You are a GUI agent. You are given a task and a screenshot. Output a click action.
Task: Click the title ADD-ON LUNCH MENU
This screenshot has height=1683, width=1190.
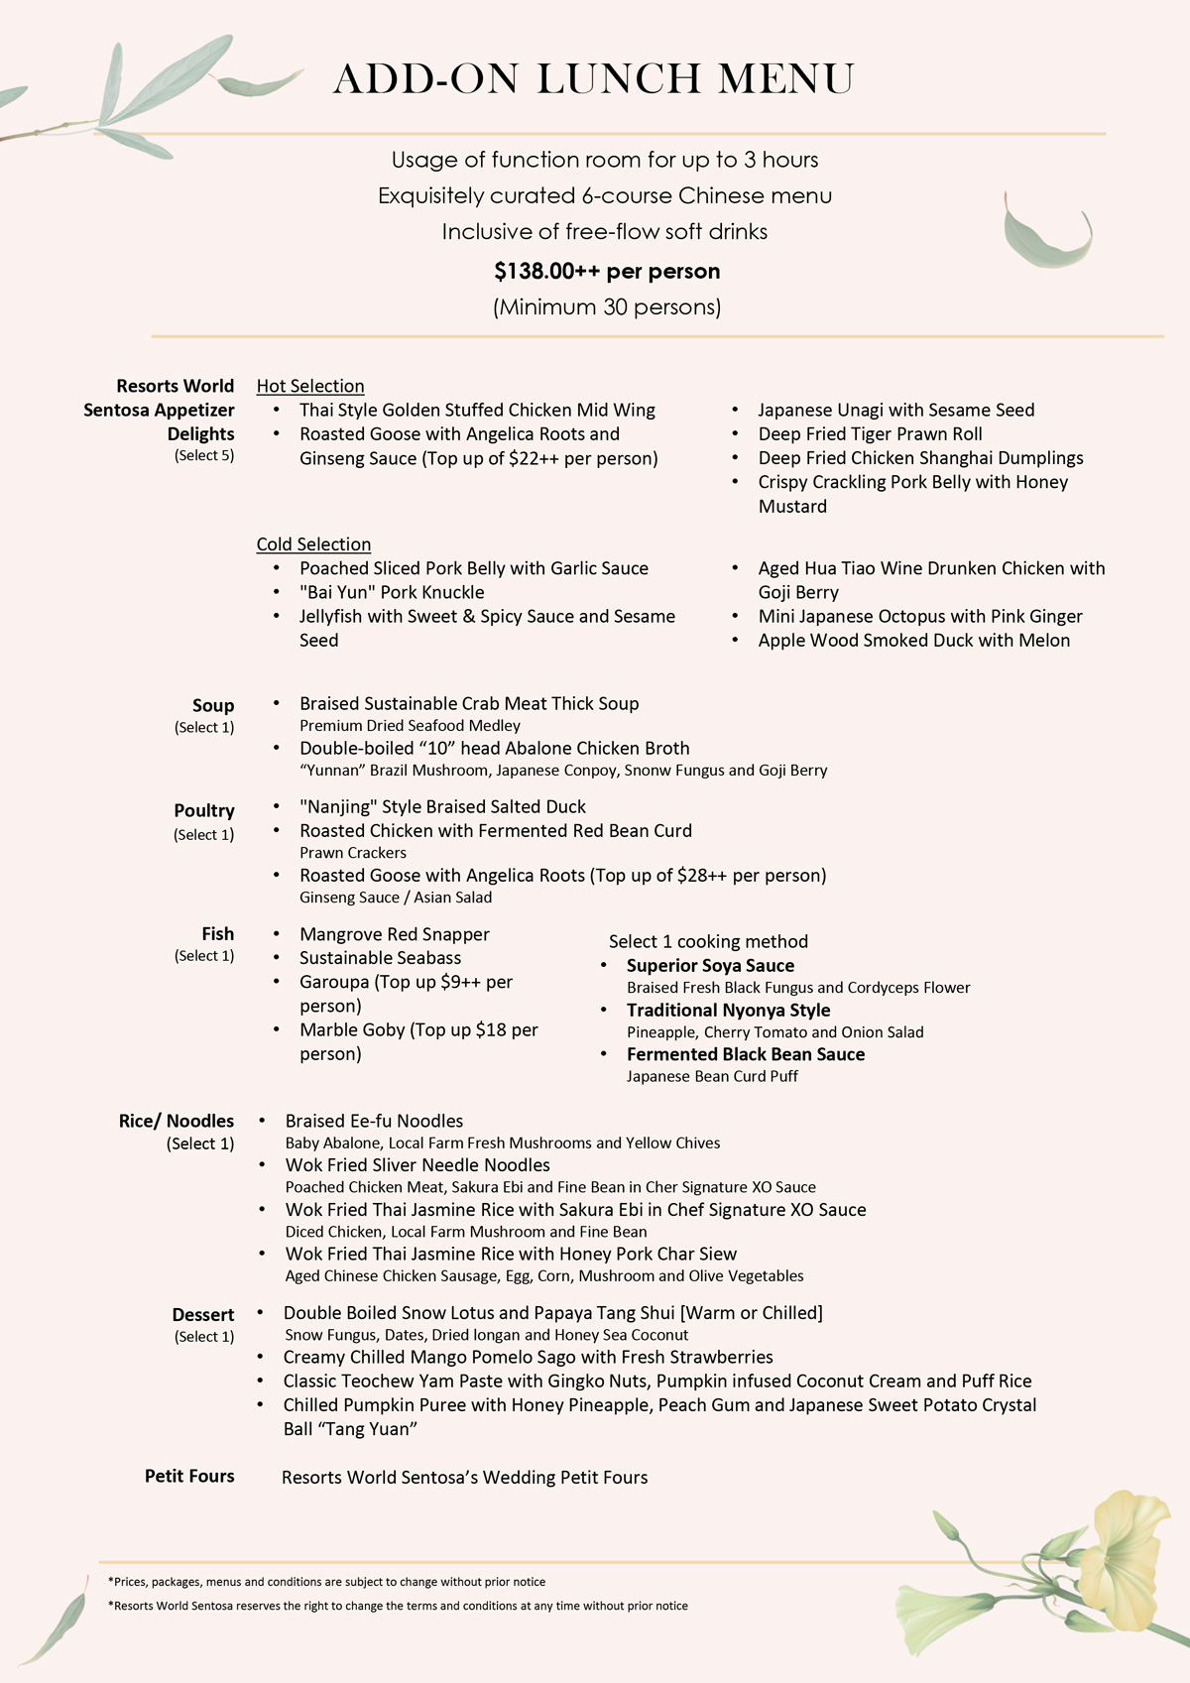tap(593, 79)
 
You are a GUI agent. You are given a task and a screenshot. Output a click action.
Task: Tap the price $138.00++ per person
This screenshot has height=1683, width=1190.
tap(607, 271)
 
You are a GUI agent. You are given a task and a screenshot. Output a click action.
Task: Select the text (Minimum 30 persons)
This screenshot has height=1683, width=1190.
tap(607, 307)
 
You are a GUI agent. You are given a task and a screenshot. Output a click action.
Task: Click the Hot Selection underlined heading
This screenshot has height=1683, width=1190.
tap(310, 386)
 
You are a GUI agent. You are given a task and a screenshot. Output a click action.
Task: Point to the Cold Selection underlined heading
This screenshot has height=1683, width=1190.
tap(313, 544)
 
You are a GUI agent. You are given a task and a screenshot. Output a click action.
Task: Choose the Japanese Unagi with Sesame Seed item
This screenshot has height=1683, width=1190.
tap(895, 410)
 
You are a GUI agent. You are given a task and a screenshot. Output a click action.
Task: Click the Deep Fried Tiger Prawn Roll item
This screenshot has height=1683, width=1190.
tap(870, 433)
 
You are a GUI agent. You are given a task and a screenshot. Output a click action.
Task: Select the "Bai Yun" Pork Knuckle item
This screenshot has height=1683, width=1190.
tap(392, 592)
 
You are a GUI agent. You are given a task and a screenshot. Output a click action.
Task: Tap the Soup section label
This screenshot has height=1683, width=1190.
tap(213, 705)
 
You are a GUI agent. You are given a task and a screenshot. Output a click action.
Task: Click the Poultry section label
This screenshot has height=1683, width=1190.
tap(204, 810)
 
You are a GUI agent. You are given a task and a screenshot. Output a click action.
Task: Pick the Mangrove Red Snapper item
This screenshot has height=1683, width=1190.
tap(394, 934)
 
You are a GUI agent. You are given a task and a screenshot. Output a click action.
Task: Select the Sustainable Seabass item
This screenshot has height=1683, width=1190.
tap(380, 958)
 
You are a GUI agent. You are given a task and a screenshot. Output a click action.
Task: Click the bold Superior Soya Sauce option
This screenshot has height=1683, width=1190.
tap(710, 965)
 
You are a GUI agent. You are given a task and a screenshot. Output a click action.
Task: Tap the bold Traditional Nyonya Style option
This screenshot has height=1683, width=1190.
tap(728, 1010)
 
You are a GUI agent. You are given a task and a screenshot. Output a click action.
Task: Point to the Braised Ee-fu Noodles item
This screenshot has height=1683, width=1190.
tap(374, 1121)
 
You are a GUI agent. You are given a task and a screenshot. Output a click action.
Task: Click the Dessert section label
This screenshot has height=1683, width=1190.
tap(203, 1314)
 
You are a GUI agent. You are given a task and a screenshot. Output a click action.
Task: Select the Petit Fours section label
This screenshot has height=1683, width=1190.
tap(189, 1476)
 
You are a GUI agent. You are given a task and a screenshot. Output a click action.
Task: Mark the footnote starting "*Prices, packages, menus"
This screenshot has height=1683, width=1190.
tap(327, 1582)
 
